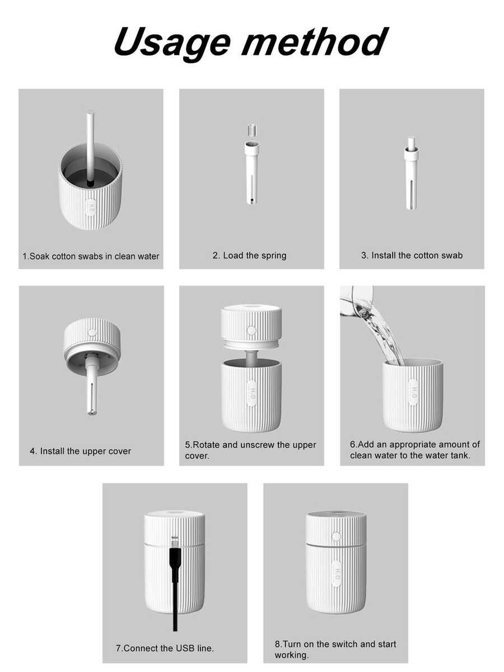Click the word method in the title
pyautogui.click(x=314, y=41)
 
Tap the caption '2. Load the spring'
pyautogui.click(x=250, y=256)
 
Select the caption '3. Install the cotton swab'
pyautogui.click(x=412, y=256)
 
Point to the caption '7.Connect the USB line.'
pyautogui.click(x=165, y=648)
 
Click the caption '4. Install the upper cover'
pyautogui.click(x=81, y=451)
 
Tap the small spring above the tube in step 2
pyautogui.click(x=252, y=130)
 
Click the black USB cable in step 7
pyautogui.click(x=175, y=583)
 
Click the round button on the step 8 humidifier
pyautogui.click(x=336, y=536)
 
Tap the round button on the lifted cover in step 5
pyautogui.click(x=251, y=331)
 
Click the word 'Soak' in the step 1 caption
pyautogui.click(x=39, y=256)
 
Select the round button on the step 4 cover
pyautogui.click(x=92, y=332)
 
